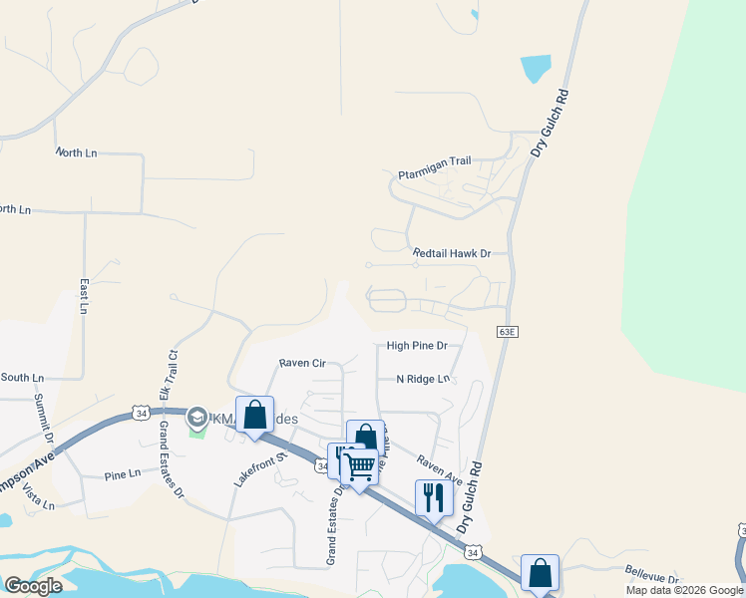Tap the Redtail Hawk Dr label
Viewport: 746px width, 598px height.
(453, 254)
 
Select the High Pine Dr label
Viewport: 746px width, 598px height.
(417, 346)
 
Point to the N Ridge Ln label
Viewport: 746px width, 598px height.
(424, 379)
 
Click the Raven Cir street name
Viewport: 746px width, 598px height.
(302, 364)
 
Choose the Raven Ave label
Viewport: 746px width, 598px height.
(439, 469)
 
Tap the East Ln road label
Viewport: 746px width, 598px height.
(83, 296)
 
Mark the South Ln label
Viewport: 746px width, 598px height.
(22, 378)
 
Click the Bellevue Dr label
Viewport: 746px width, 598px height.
(652, 578)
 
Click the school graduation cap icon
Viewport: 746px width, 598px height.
(197, 418)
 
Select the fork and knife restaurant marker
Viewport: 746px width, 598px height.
(434, 496)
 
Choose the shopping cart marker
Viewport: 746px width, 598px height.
(359, 465)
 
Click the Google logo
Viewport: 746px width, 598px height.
(33, 586)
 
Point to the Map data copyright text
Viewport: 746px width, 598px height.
(683, 590)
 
